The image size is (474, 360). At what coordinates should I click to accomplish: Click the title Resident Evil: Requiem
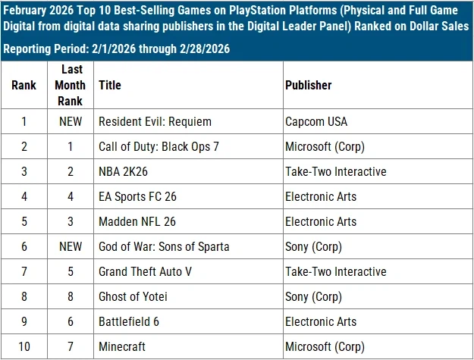tap(155, 121)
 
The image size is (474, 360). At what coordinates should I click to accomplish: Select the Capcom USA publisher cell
tap(315, 121)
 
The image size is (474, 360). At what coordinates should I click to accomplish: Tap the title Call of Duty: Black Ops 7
tap(159, 146)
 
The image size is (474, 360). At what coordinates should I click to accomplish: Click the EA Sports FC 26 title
tap(138, 196)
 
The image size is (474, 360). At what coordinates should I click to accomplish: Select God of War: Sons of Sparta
tap(164, 246)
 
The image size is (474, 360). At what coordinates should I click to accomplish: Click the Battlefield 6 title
tap(129, 321)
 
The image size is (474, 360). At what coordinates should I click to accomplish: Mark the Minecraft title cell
tap(123, 346)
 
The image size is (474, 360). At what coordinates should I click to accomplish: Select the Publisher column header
tap(308, 85)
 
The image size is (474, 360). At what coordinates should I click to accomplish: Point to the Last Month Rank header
tap(70, 85)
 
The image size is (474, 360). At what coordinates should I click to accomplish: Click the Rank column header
tap(24, 85)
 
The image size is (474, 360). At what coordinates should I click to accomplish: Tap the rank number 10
tap(24, 346)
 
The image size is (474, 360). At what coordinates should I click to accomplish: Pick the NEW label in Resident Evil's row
tap(70, 121)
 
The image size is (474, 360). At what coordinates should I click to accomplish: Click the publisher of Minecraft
tap(325, 346)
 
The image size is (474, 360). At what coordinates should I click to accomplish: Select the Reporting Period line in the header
tap(116, 49)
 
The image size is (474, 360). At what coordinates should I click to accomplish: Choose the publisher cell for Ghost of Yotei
tap(313, 296)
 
